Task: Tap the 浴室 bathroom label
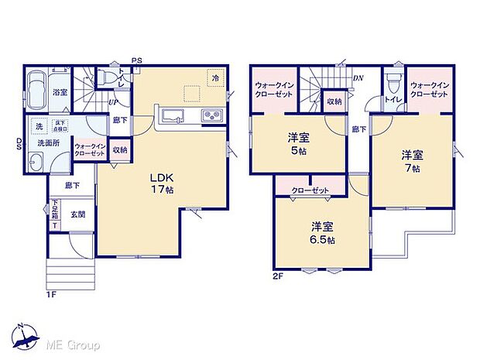(60, 93)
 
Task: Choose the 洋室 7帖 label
(410, 159)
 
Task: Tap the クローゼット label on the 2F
(310, 190)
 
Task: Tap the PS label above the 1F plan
(136, 60)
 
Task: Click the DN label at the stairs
(358, 78)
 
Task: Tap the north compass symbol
(29, 334)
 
